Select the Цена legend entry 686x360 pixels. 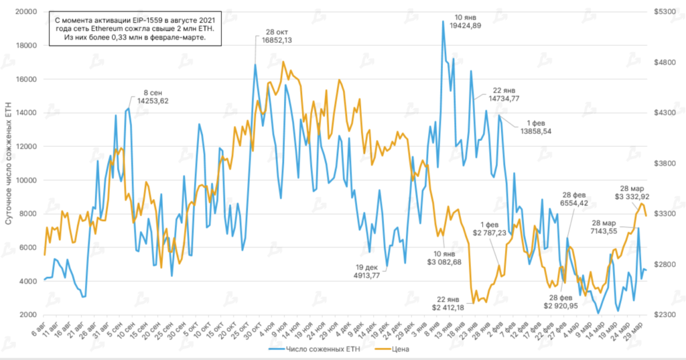397,349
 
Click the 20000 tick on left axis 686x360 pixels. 25,12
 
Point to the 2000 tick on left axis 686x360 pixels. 27,315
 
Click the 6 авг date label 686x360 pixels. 40,330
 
